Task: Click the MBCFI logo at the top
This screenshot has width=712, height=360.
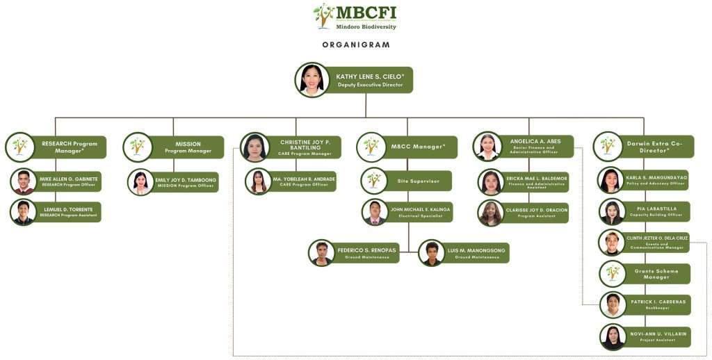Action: tap(355, 17)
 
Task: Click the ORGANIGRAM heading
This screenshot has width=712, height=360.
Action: tap(356, 44)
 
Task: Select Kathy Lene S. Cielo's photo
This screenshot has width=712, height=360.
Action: tap(312, 79)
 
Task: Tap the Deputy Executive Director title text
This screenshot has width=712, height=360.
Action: tap(370, 85)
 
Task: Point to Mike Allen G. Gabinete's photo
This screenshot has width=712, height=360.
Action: tap(24, 181)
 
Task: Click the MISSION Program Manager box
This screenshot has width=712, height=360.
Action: tap(188, 147)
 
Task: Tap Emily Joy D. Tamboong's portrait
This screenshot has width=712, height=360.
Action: tap(140, 182)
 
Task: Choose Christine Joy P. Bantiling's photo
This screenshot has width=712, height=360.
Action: tap(255, 147)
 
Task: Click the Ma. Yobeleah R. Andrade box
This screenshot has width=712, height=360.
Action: tap(304, 181)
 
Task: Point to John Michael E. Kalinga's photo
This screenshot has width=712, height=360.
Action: tap(375, 212)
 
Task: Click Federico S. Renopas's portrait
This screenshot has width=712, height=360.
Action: tap(322, 253)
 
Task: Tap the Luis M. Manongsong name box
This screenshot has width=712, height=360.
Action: tap(476, 252)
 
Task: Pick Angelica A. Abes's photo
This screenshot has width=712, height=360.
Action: tap(488, 147)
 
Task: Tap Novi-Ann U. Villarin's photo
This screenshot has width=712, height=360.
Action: tap(613, 337)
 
